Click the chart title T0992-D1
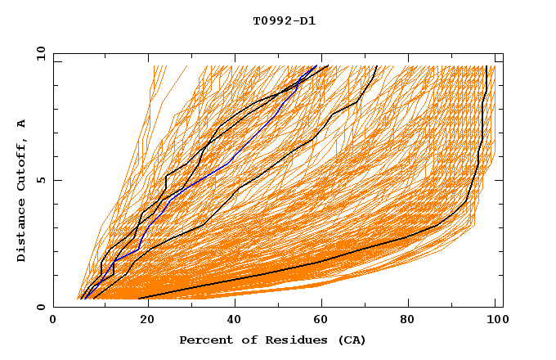tap(284, 21)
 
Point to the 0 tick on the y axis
tap(40, 308)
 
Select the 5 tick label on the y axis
tap(40, 180)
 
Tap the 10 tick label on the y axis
tap(38, 52)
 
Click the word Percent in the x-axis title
tap(204, 340)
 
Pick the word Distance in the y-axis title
tap(22, 229)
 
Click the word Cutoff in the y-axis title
tap(22, 160)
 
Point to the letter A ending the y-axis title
tap(22, 123)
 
